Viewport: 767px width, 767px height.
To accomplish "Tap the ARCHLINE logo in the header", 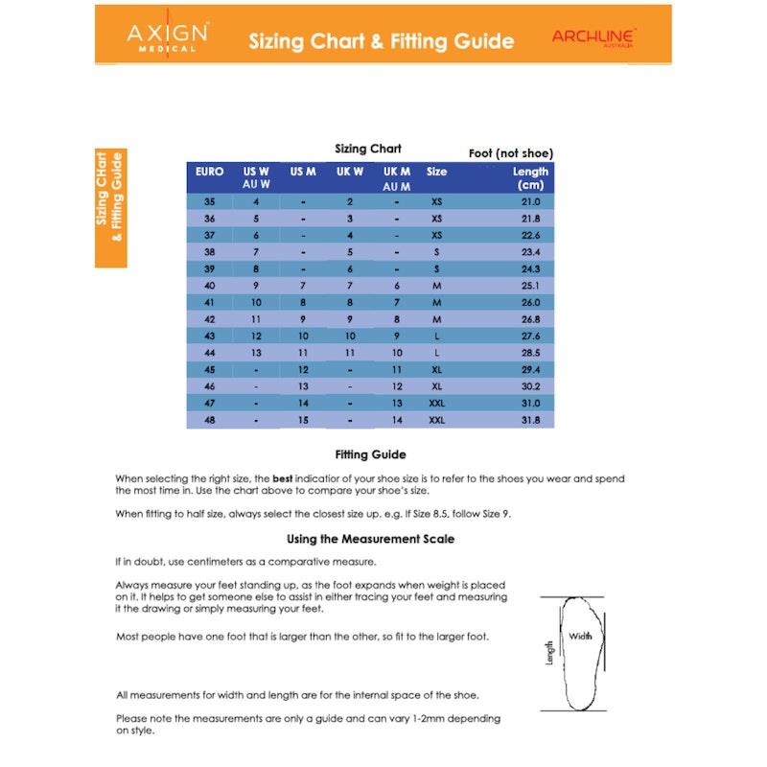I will pyautogui.click(x=593, y=36).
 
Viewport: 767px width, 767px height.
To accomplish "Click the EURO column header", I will pyautogui.click(x=209, y=172).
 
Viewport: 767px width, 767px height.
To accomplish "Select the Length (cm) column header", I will pyautogui.click(x=530, y=177).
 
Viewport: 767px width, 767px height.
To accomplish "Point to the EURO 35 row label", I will pyautogui.click(x=210, y=201).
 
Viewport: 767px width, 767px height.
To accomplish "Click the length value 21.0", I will pyautogui.click(x=530, y=201).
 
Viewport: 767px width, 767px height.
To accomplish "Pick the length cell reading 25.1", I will pyautogui.click(x=530, y=286).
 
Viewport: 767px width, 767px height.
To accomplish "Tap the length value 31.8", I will pyautogui.click(x=530, y=420).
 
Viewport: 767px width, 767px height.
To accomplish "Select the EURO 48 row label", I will pyautogui.click(x=210, y=420).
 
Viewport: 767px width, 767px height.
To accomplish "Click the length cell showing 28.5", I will pyautogui.click(x=530, y=353).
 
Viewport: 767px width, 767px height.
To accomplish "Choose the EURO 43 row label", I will pyautogui.click(x=210, y=337).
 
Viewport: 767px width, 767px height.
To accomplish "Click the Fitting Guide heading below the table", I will pyautogui.click(x=370, y=454).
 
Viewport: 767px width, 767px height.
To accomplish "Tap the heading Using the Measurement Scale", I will pyautogui.click(x=370, y=539).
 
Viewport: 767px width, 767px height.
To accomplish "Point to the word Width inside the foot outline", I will pyautogui.click(x=580, y=636).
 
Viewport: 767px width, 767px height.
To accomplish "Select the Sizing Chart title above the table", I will pyautogui.click(x=367, y=149).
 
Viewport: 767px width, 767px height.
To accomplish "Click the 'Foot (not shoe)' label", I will pyautogui.click(x=510, y=153).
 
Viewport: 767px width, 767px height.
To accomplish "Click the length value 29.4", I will pyautogui.click(x=530, y=370).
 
